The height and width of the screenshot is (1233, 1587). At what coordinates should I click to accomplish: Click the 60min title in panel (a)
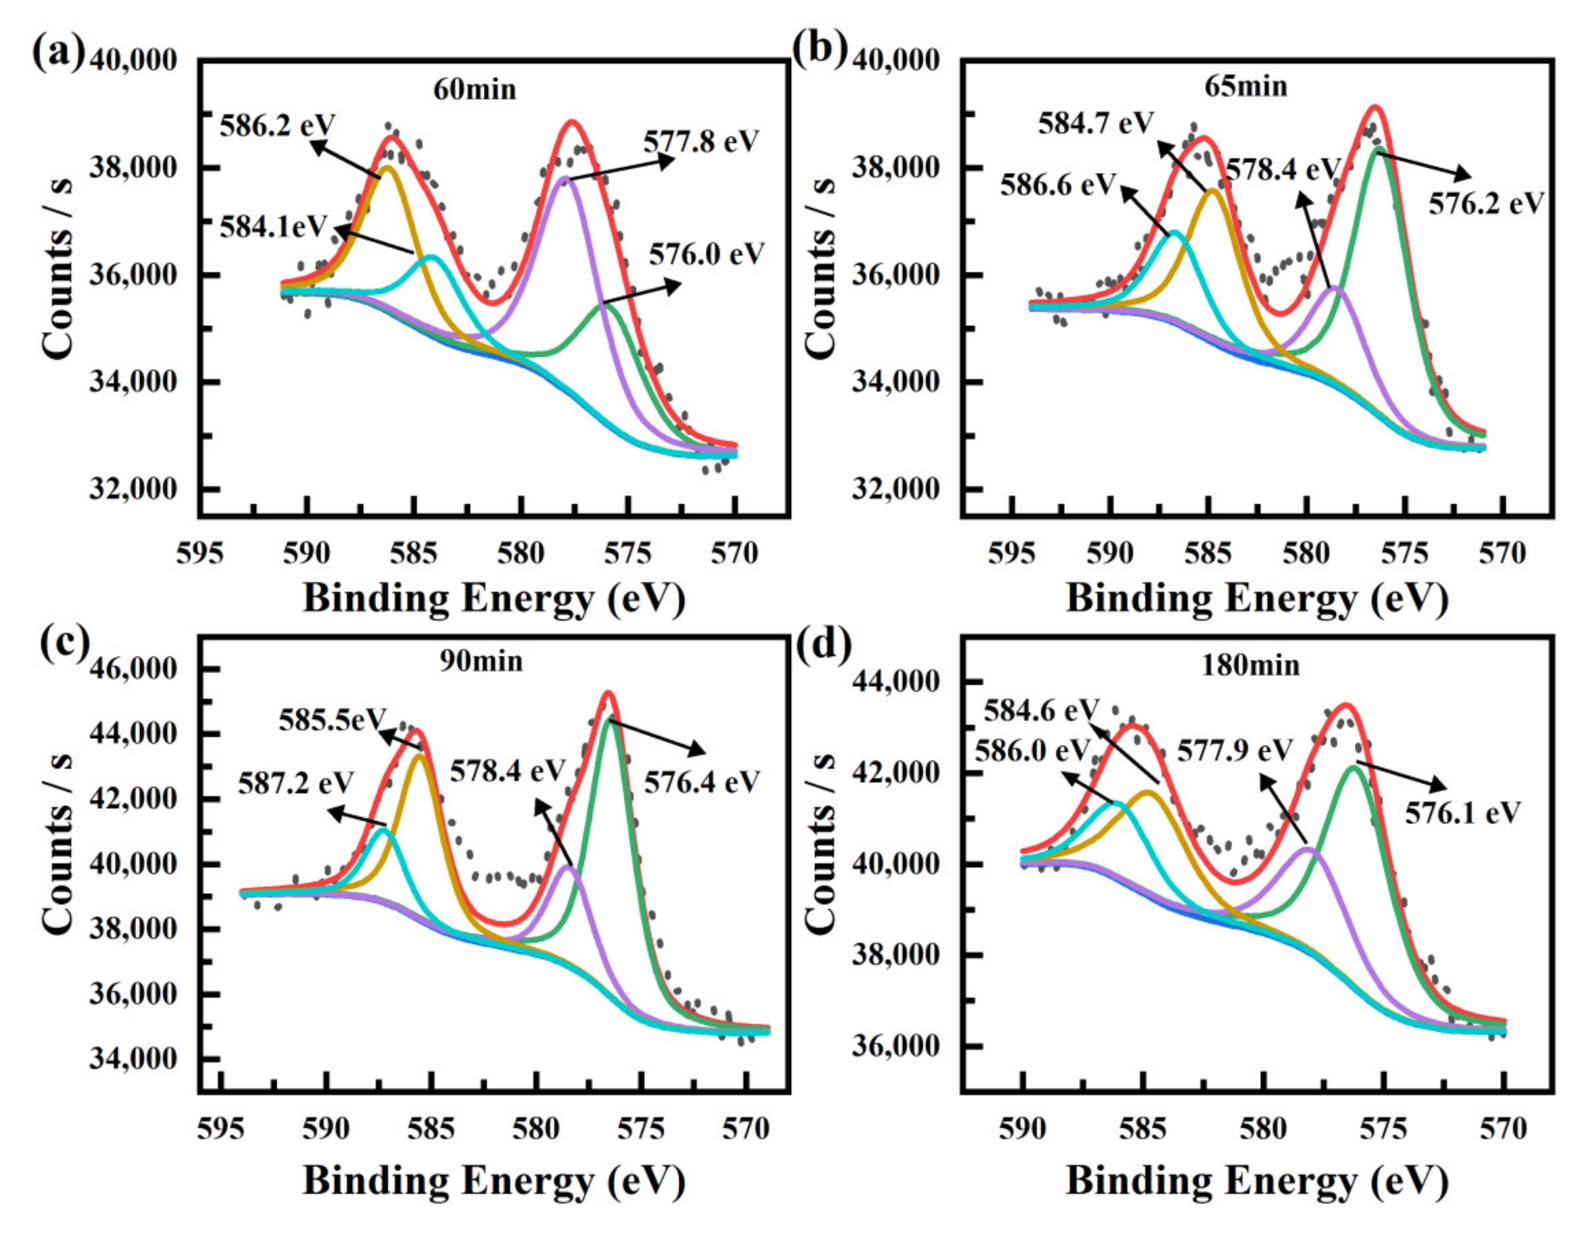tap(475, 90)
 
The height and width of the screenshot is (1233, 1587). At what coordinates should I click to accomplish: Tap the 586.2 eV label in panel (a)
tap(278, 126)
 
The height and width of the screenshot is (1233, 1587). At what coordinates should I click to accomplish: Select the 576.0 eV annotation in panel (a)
tap(707, 255)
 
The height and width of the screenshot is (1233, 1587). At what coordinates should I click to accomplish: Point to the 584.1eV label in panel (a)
tap(275, 227)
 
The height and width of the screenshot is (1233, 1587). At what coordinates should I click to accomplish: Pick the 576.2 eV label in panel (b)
tap(1485, 204)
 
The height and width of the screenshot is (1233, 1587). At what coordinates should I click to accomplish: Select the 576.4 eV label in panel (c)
tap(701, 782)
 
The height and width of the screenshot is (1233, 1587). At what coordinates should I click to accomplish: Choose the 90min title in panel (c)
tap(481, 661)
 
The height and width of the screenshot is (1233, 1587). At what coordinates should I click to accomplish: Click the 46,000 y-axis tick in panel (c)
tap(133, 668)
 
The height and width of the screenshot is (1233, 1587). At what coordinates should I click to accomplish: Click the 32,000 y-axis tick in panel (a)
tap(133, 489)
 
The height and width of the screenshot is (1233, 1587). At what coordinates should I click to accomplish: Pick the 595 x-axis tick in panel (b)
tap(1011, 554)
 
